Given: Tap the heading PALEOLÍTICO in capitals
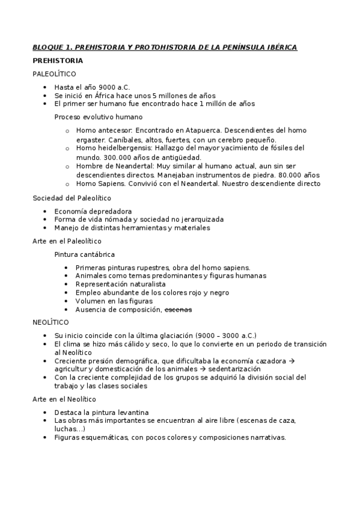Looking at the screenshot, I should [54, 74].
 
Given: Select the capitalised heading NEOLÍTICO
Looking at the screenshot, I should [50, 322].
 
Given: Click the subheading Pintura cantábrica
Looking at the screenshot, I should [84, 254].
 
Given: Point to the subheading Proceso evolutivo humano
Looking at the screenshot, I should [99, 117].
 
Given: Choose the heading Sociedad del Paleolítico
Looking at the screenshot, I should [72, 198].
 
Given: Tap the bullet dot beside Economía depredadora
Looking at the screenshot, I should [46, 211].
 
